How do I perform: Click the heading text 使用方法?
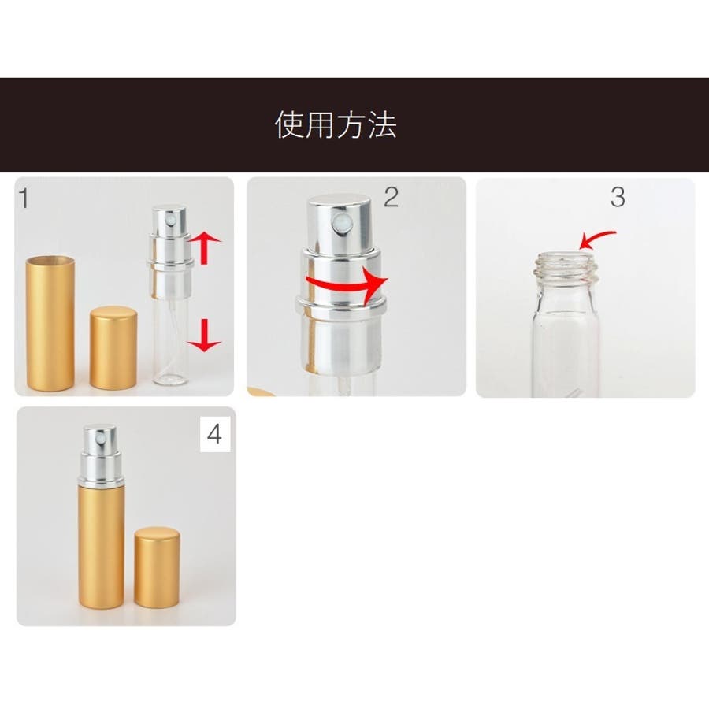click(336, 124)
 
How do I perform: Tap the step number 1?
click(24, 199)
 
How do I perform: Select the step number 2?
click(391, 197)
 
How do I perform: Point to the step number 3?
click(618, 197)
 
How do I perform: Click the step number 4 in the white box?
click(215, 435)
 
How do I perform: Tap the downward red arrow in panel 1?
click(204, 335)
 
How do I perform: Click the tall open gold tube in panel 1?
click(50, 323)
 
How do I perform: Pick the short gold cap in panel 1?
click(113, 347)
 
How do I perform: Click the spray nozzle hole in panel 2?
click(339, 223)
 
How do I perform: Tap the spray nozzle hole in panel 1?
click(171, 221)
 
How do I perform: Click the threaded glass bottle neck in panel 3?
click(564, 267)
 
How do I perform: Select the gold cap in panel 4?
click(157, 567)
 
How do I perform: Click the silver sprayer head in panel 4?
click(101, 455)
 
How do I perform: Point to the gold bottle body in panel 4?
click(101, 548)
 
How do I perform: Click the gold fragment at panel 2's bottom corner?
click(261, 392)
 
